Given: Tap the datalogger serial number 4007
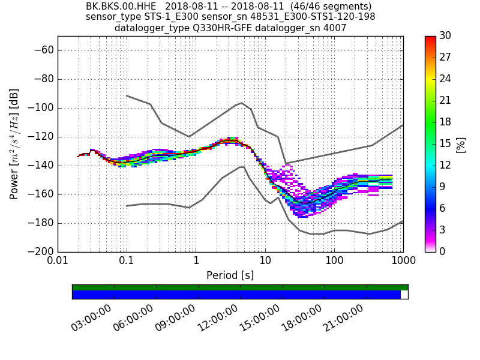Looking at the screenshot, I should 334,28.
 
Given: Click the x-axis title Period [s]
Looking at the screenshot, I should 230,275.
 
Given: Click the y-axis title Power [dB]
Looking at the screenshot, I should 14,144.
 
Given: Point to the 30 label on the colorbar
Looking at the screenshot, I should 445,36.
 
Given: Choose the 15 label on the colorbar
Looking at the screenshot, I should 445,143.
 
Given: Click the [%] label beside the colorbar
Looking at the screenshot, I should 461,144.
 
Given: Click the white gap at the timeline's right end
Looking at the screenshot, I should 404,295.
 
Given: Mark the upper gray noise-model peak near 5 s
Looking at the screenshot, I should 241,103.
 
